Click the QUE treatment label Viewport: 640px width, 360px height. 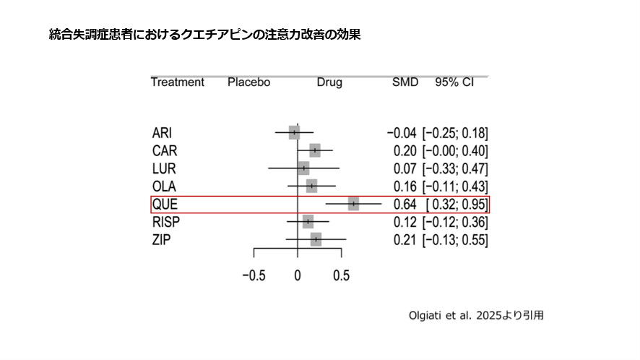click(164, 205)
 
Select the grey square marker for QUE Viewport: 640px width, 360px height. click(353, 204)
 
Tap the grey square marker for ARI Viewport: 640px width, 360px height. click(294, 132)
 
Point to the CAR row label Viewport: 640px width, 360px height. click(165, 150)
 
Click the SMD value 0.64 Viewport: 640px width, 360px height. click(405, 205)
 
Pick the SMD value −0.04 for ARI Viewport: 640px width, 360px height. click(402, 133)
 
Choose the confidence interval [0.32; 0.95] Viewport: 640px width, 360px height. click(457, 205)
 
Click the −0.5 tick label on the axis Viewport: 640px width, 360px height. click(252, 275)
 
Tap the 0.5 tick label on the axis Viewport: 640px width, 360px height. click(342, 275)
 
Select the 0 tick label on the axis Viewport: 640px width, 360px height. click(298, 275)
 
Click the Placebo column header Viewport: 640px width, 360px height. click(248, 82)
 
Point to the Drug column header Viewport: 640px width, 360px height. click(329, 82)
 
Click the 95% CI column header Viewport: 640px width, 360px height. click(454, 82)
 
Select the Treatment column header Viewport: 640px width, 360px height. click(178, 82)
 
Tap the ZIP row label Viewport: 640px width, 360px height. click(162, 240)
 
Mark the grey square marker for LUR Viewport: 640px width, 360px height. click(303, 168)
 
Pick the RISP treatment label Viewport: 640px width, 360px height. click(166, 222)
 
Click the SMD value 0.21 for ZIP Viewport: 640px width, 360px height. click(405, 240)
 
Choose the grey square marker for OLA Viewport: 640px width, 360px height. click(311, 187)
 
